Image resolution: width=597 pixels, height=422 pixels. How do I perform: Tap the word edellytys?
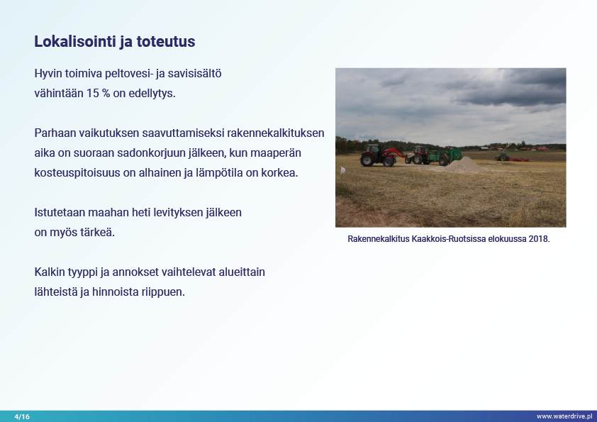click(152, 94)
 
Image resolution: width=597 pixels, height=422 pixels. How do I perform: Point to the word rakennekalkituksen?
click(275, 133)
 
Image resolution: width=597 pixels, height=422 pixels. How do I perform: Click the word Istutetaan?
click(60, 212)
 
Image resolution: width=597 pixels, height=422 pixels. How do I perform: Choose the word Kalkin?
click(50, 272)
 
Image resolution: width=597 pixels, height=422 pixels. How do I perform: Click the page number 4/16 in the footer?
click(22, 416)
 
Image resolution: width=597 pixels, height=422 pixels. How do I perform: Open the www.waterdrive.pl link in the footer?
click(564, 416)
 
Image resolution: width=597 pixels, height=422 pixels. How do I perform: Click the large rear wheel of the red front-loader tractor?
click(367, 159)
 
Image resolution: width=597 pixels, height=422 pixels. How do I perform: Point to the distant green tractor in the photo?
click(502, 157)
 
